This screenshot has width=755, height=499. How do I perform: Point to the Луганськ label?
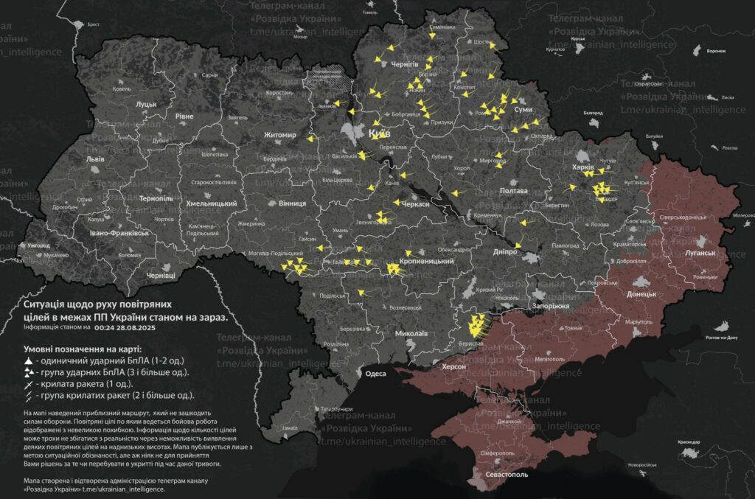pos(700,253)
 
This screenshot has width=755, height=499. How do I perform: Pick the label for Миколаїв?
pos(411,333)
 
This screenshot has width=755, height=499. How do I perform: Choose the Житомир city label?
pos(280,135)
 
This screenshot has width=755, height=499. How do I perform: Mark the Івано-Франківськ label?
pos(120,232)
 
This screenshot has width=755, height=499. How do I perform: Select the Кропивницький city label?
pos(425,262)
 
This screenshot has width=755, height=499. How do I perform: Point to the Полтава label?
pos(514,191)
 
